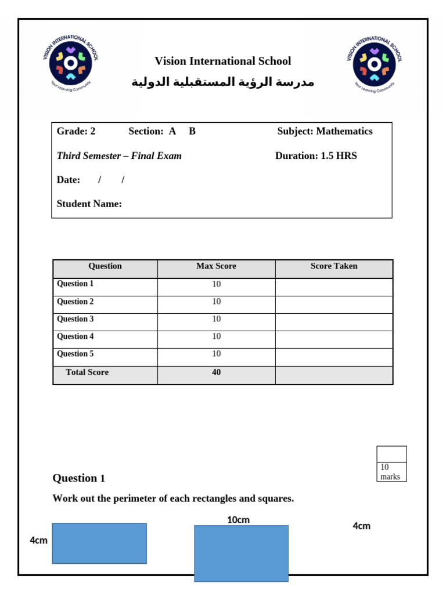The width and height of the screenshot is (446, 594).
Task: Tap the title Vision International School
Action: [222, 61]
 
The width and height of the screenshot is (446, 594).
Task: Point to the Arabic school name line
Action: [222, 82]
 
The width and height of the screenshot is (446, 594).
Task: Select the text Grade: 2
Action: [76, 131]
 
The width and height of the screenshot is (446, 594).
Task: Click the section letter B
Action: [192, 131]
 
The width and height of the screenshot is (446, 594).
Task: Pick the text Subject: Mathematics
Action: [325, 131]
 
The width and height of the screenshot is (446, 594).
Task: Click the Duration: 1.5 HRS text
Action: [316, 155]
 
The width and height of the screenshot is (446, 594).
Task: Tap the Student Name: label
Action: [89, 204]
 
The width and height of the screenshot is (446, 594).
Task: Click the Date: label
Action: [69, 180]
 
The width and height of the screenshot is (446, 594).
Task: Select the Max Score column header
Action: [216, 266]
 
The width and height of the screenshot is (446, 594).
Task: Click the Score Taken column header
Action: [334, 266]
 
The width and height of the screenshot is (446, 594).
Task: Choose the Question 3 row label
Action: [75, 319]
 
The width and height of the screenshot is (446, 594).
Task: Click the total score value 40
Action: [216, 372]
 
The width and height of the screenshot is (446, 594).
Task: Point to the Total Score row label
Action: [87, 372]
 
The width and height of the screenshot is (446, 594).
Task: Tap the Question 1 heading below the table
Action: [79, 479]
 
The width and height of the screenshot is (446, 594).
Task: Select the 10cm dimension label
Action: [238, 520]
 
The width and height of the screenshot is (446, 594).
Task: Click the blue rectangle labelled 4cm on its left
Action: [99, 544]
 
